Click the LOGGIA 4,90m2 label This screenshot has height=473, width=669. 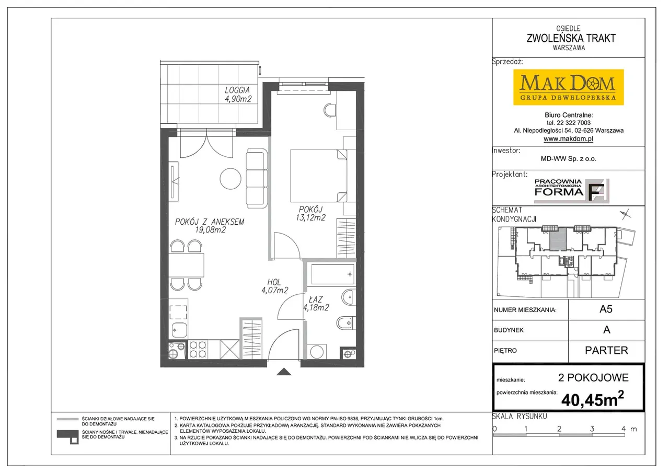pos(238,95)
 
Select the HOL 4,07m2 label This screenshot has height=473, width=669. pos(274,286)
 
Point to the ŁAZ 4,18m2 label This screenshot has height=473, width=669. pos(316,303)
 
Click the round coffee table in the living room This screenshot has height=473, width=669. pos(230,179)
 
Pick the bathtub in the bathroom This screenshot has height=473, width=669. pos(332,274)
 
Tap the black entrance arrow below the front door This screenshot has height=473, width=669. pos(284,372)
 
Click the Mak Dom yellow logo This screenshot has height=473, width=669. pos(568,87)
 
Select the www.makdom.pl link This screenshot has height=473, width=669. pos(568,139)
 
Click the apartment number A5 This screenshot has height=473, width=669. pos(606,309)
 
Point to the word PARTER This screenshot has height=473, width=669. pos(606,350)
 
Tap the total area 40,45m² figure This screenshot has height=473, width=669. pos(593,399)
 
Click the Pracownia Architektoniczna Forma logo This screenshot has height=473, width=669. pos(571,191)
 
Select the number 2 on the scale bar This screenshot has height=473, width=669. pos(559,429)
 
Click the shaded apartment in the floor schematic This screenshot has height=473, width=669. pos(558,239)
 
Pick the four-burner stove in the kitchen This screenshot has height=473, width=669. pos(198,349)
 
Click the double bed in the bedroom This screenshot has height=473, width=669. pos(319,176)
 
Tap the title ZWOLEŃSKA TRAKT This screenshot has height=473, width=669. pos(571,38)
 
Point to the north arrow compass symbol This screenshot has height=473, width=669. pos(626,214)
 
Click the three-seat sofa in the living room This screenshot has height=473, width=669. pos(257,179)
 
